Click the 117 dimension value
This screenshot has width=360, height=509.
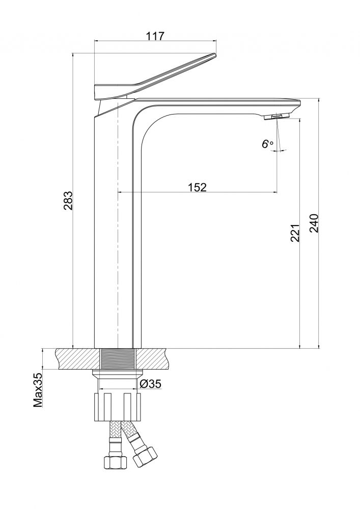tap(155, 37)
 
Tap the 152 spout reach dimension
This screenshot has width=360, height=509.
tap(197, 187)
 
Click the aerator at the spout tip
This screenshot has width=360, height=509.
tap(275, 117)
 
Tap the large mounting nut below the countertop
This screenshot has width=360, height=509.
tap(118, 406)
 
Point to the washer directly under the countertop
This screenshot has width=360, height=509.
tap(118, 375)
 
